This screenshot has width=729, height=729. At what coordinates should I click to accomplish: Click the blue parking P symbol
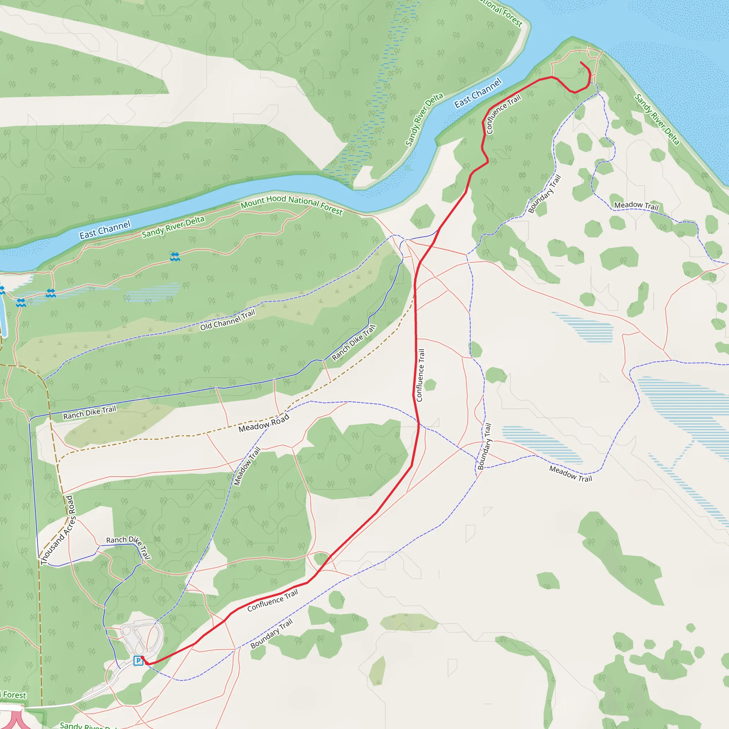pos(138,660)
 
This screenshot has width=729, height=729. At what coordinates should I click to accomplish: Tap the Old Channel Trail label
pos(227,320)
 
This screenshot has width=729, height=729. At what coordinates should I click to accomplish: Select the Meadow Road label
pos(264,423)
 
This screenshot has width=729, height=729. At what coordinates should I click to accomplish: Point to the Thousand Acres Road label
pos(58,530)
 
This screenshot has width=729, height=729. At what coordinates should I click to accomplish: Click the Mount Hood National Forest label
pos(291,205)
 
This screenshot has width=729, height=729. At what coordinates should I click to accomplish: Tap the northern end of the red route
pos(581,62)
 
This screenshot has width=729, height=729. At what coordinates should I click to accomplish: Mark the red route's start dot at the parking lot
pos(142,658)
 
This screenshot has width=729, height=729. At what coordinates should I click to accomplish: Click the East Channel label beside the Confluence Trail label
pos(478,93)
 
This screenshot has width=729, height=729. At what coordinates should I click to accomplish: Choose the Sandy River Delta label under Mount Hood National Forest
pos(173,227)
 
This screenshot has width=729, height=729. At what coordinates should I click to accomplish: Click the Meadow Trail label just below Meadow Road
pos(247,466)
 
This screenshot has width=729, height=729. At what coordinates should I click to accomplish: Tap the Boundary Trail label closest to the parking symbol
pos(271,634)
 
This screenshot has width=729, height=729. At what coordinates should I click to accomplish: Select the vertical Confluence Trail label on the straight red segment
pos(420,375)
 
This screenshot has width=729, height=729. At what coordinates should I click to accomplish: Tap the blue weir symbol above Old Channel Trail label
pos(175,257)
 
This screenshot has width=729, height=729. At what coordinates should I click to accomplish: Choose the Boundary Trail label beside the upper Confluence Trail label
pos(545,194)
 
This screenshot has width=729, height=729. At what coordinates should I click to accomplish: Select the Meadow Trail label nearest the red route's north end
pos(636,206)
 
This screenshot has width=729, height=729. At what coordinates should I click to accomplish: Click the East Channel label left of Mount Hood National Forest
pos(105,230)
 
